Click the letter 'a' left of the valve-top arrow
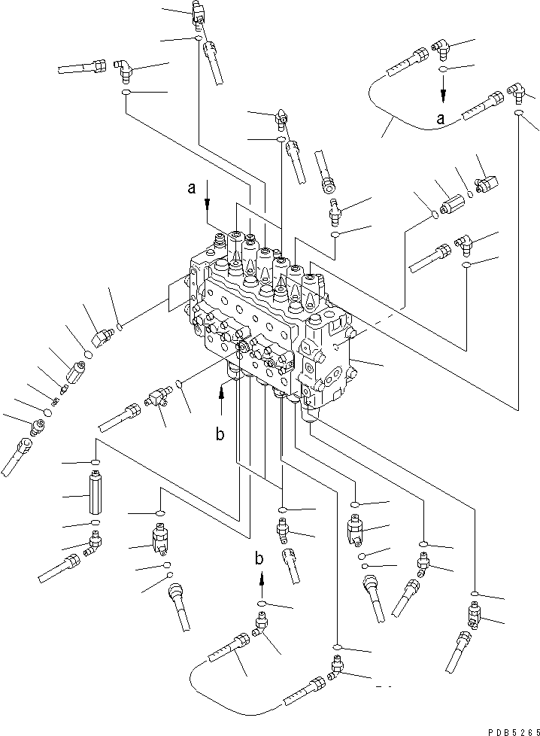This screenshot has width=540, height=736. click(193, 190)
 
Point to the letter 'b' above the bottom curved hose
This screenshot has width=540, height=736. click(259, 558)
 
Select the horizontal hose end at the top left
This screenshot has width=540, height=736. click(83, 68)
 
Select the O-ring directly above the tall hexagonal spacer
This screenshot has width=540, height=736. click(95, 462)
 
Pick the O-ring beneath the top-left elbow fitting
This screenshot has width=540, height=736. click(125, 93)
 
